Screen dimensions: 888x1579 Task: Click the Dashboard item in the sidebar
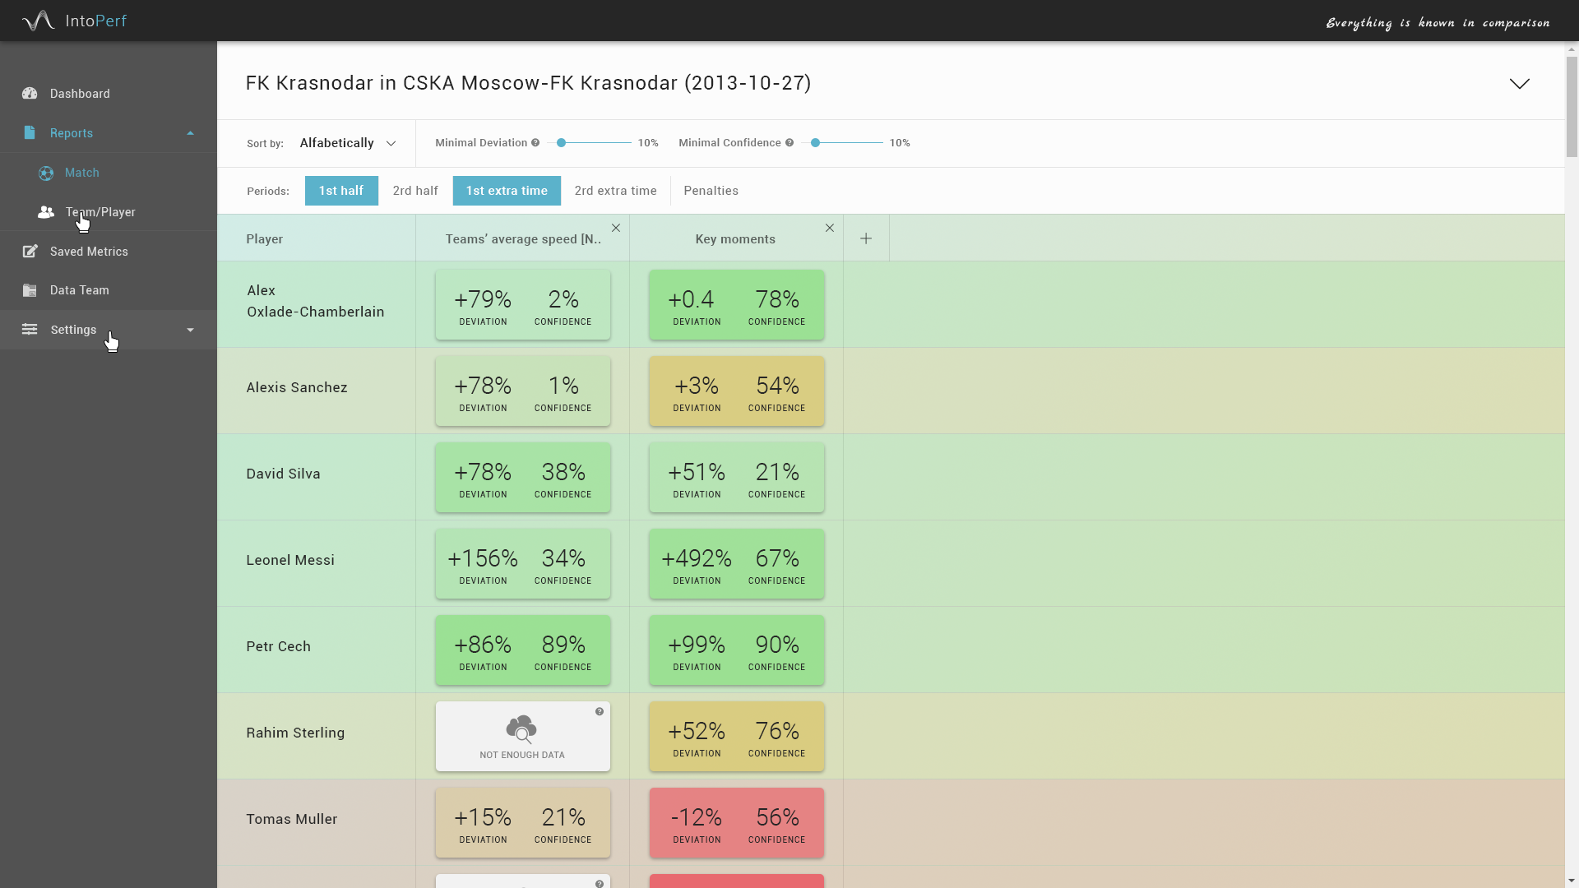tap(79, 94)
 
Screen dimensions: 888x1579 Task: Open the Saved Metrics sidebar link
tap(88, 252)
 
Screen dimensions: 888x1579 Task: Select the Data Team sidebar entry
tap(79, 290)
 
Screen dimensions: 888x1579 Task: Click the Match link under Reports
tap(81, 173)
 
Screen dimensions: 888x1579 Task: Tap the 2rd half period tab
tap(415, 191)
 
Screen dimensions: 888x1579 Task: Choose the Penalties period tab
tap(711, 191)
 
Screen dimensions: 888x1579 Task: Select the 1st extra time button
tap(507, 191)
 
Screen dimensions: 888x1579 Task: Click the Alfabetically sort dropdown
tap(348, 143)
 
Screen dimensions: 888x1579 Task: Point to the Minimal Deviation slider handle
tap(562, 143)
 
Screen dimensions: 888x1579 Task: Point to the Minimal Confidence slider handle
tap(816, 143)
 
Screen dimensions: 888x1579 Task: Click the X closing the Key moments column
tap(830, 228)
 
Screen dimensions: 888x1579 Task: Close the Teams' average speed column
tap(616, 228)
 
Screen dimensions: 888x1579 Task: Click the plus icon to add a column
tap(866, 238)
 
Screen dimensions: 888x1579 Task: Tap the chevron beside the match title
tap(1519, 84)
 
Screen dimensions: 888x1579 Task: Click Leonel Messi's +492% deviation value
tap(697, 559)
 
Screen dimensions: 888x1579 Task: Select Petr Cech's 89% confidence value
tap(563, 645)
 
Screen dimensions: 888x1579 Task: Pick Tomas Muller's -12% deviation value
tap(697, 818)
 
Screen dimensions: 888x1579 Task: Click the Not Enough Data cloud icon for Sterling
tap(521, 729)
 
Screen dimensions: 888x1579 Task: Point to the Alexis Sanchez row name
tap(297, 387)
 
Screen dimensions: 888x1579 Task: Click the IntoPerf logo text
tap(95, 21)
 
